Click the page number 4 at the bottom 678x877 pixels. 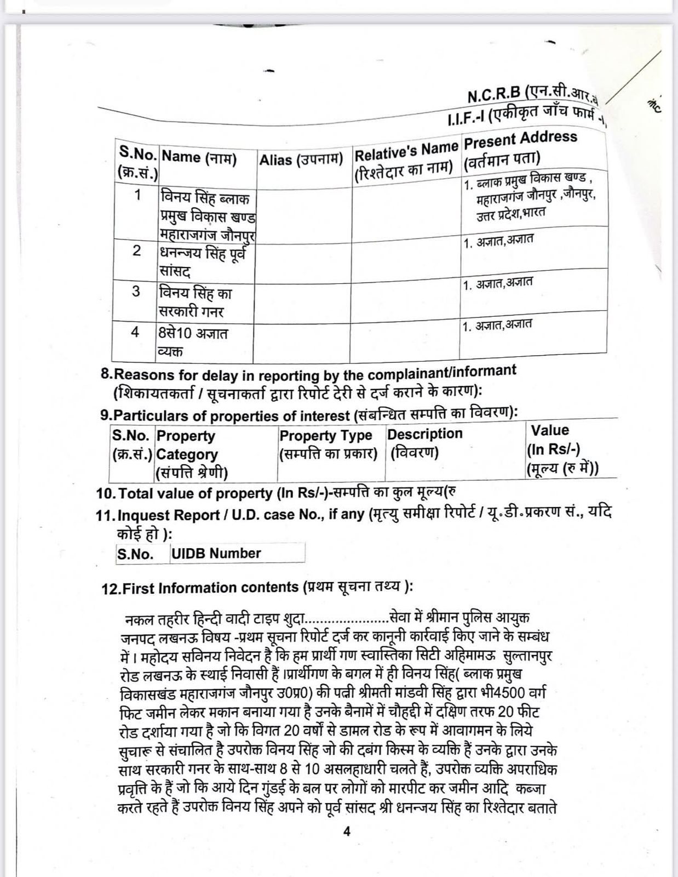[x=346, y=832]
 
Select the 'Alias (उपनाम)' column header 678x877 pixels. [x=301, y=160]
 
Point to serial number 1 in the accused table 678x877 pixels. [x=137, y=195]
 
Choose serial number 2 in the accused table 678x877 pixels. [x=137, y=250]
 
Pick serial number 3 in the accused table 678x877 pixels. [x=136, y=291]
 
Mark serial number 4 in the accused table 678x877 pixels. [x=135, y=332]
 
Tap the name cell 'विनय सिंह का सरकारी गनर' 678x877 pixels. [x=195, y=302]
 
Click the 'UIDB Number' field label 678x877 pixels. [x=216, y=553]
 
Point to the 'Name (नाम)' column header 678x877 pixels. [x=199, y=158]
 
